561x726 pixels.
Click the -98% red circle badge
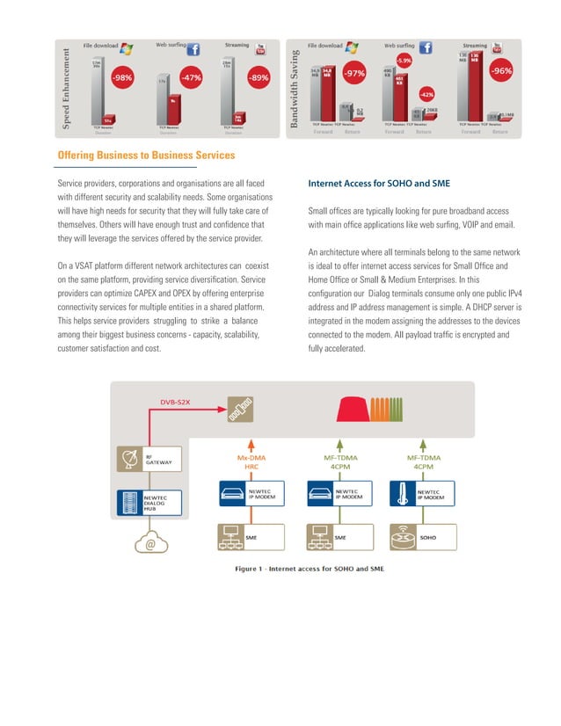point(122,77)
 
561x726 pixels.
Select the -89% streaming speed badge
point(258,77)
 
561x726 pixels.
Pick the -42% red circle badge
point(426,93)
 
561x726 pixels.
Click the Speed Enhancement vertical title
point(65,85)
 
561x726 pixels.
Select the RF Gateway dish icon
point(129,458)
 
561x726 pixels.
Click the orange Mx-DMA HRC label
point(251,462)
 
